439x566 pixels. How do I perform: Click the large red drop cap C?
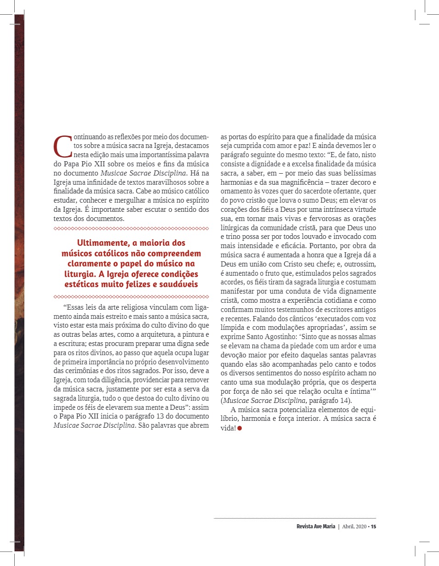pos(63,146)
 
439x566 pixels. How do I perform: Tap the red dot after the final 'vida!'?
pos(239,429)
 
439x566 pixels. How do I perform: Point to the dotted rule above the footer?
pos(295,519)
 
